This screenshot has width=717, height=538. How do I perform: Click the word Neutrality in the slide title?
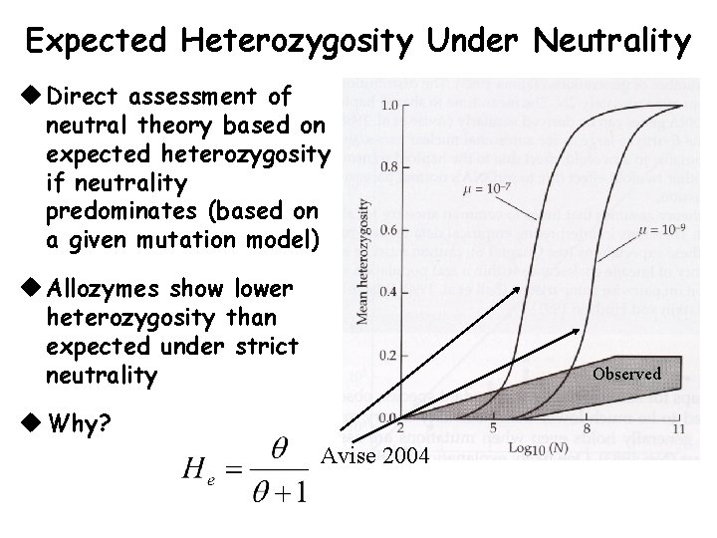611,42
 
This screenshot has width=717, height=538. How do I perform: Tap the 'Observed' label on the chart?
626,374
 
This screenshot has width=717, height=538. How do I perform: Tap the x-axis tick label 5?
494,428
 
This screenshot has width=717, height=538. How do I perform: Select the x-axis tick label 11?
679,428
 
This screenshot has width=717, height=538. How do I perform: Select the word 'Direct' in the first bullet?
84,97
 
